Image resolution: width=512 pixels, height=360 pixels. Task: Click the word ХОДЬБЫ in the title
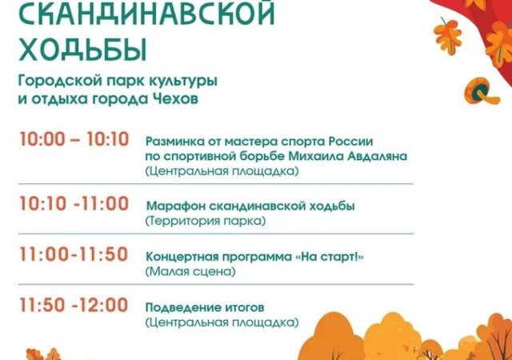82,50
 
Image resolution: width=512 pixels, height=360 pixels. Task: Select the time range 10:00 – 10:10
74,139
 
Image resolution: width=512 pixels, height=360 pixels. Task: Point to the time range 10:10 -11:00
74,204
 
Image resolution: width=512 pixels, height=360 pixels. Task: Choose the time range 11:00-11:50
74,254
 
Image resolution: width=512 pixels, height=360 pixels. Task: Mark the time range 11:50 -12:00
74,305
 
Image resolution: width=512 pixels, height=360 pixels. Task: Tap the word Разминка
174,142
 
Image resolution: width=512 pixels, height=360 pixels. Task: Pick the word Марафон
176,206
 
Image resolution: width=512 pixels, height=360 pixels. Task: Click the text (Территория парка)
206,221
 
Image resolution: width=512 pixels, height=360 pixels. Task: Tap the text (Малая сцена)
190,271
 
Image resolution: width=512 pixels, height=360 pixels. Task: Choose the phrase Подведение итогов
205,308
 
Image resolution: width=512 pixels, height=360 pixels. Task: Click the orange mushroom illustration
481,91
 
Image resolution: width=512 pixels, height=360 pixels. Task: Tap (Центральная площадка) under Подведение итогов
222,322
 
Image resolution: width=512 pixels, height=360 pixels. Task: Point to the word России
350,142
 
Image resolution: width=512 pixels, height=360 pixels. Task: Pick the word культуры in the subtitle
183,82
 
